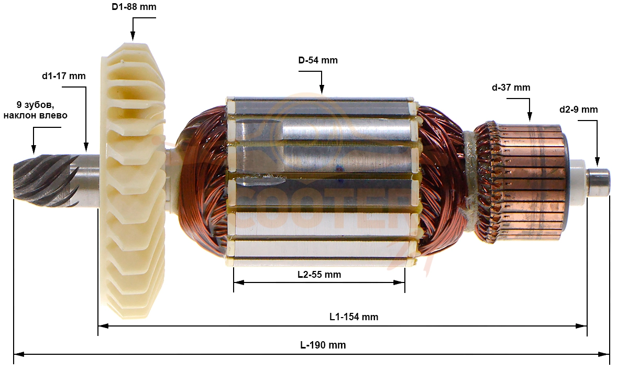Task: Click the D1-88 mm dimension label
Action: (x=134, y=7)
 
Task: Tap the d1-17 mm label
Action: (x=64, y=75)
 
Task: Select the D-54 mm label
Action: (x=317, y=60)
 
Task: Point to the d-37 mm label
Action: (x=511, y=88)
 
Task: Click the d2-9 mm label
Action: (x=578, y=110)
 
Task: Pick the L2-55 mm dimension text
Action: (x=319, y=274)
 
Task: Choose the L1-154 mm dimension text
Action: (x=354, y=317)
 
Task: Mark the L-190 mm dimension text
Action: (x=323, y=345)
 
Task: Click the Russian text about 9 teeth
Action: (x=35, y=110)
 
